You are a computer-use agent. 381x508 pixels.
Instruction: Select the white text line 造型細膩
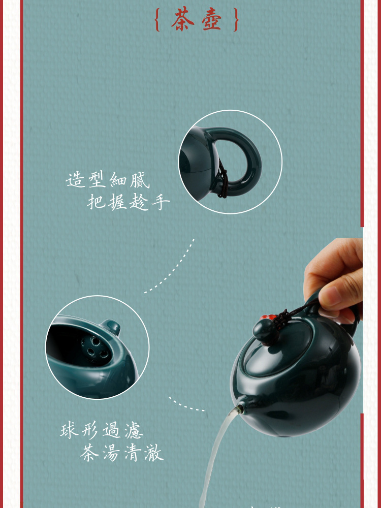[108, 179]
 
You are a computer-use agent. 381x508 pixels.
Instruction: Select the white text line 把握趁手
[129, 202]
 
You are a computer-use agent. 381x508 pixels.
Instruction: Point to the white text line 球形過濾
[102, 431]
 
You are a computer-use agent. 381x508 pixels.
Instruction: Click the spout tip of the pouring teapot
[237, 409]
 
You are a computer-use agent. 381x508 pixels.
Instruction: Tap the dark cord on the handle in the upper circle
[222, 180]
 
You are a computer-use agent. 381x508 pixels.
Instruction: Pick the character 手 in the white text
[161, 202]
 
